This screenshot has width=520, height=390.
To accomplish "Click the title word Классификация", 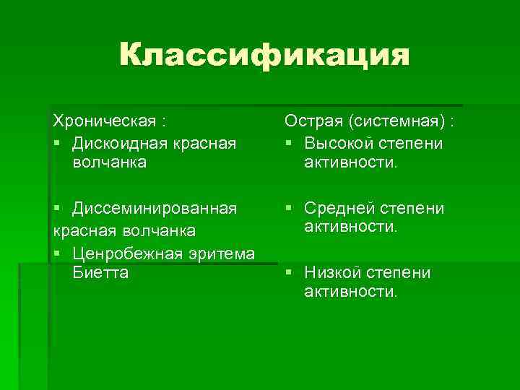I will click(264, 56).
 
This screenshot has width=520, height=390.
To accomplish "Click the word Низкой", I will click(333, 272).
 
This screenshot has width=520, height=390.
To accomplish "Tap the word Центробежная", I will click(132, 253).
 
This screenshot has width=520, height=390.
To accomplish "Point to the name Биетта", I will click(100, 272).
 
